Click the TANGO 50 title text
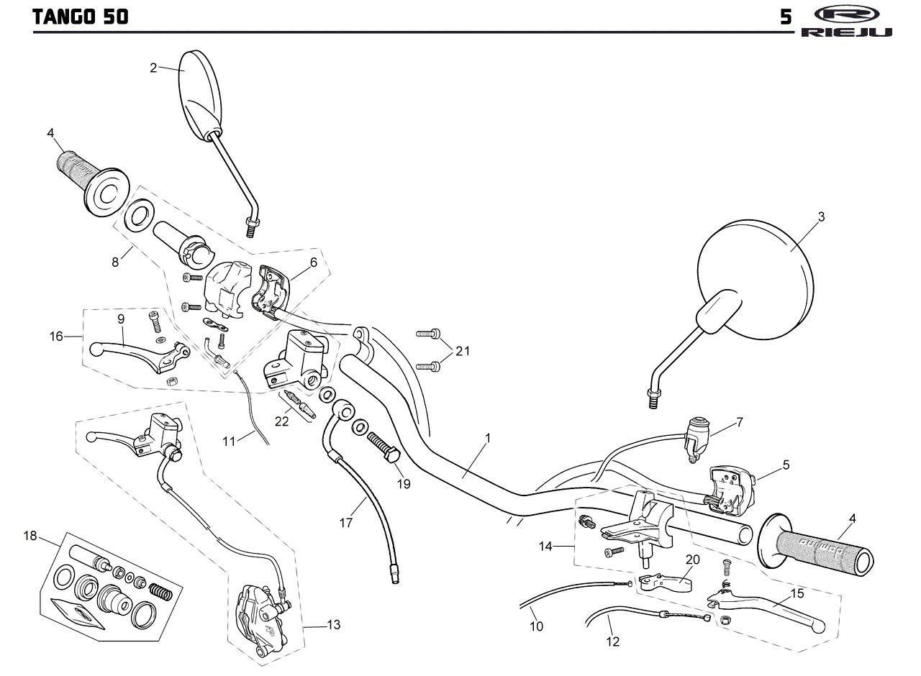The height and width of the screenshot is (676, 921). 80,17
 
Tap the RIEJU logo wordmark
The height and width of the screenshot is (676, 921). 846,32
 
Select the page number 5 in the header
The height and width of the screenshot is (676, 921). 786,17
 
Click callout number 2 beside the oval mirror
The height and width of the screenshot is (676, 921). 153,68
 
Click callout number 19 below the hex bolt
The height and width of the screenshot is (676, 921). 404,484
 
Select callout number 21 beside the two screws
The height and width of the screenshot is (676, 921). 463,351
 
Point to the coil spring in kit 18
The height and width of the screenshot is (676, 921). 159,591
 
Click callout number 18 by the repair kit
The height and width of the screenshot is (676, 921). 30,536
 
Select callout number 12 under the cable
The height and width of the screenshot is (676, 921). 612,641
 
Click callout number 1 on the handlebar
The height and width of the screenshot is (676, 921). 488,438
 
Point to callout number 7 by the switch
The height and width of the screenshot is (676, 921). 740,422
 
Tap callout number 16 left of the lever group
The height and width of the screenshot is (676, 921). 56,337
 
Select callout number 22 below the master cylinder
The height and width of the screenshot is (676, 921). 281,421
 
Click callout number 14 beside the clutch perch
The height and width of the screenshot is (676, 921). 545,547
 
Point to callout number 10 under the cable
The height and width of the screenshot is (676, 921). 536,626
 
